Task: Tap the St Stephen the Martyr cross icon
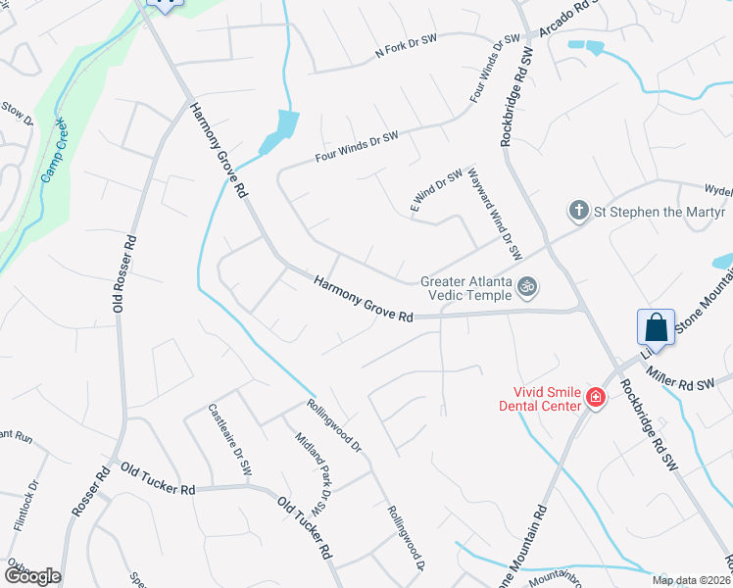tap(579, 211)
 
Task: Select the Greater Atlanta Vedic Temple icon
tap(527, 286)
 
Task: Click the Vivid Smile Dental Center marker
tap(595, 397)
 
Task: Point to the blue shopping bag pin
tap(655, 327)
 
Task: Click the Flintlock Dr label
tap(26, 505)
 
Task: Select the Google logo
tap(31, 576)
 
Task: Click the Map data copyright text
tap(690, 580)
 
